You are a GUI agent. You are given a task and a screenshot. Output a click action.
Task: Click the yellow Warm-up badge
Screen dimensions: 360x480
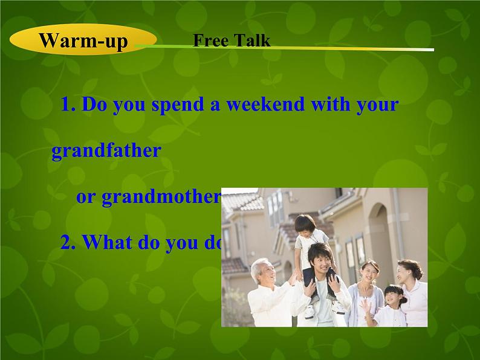(x=83, y=40)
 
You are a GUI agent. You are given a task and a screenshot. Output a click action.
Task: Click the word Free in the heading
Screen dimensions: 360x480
(x=210, y=40)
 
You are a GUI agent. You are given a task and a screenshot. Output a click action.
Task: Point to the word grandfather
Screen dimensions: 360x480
(x=106, y=150)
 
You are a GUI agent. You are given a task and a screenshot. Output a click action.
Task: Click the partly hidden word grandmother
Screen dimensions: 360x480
(x=148, y=198)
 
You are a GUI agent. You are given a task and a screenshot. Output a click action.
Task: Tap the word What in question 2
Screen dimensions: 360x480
(x=107, y=242)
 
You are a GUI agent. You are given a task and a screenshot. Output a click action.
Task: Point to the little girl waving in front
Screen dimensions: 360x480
(x=390, y=305)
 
